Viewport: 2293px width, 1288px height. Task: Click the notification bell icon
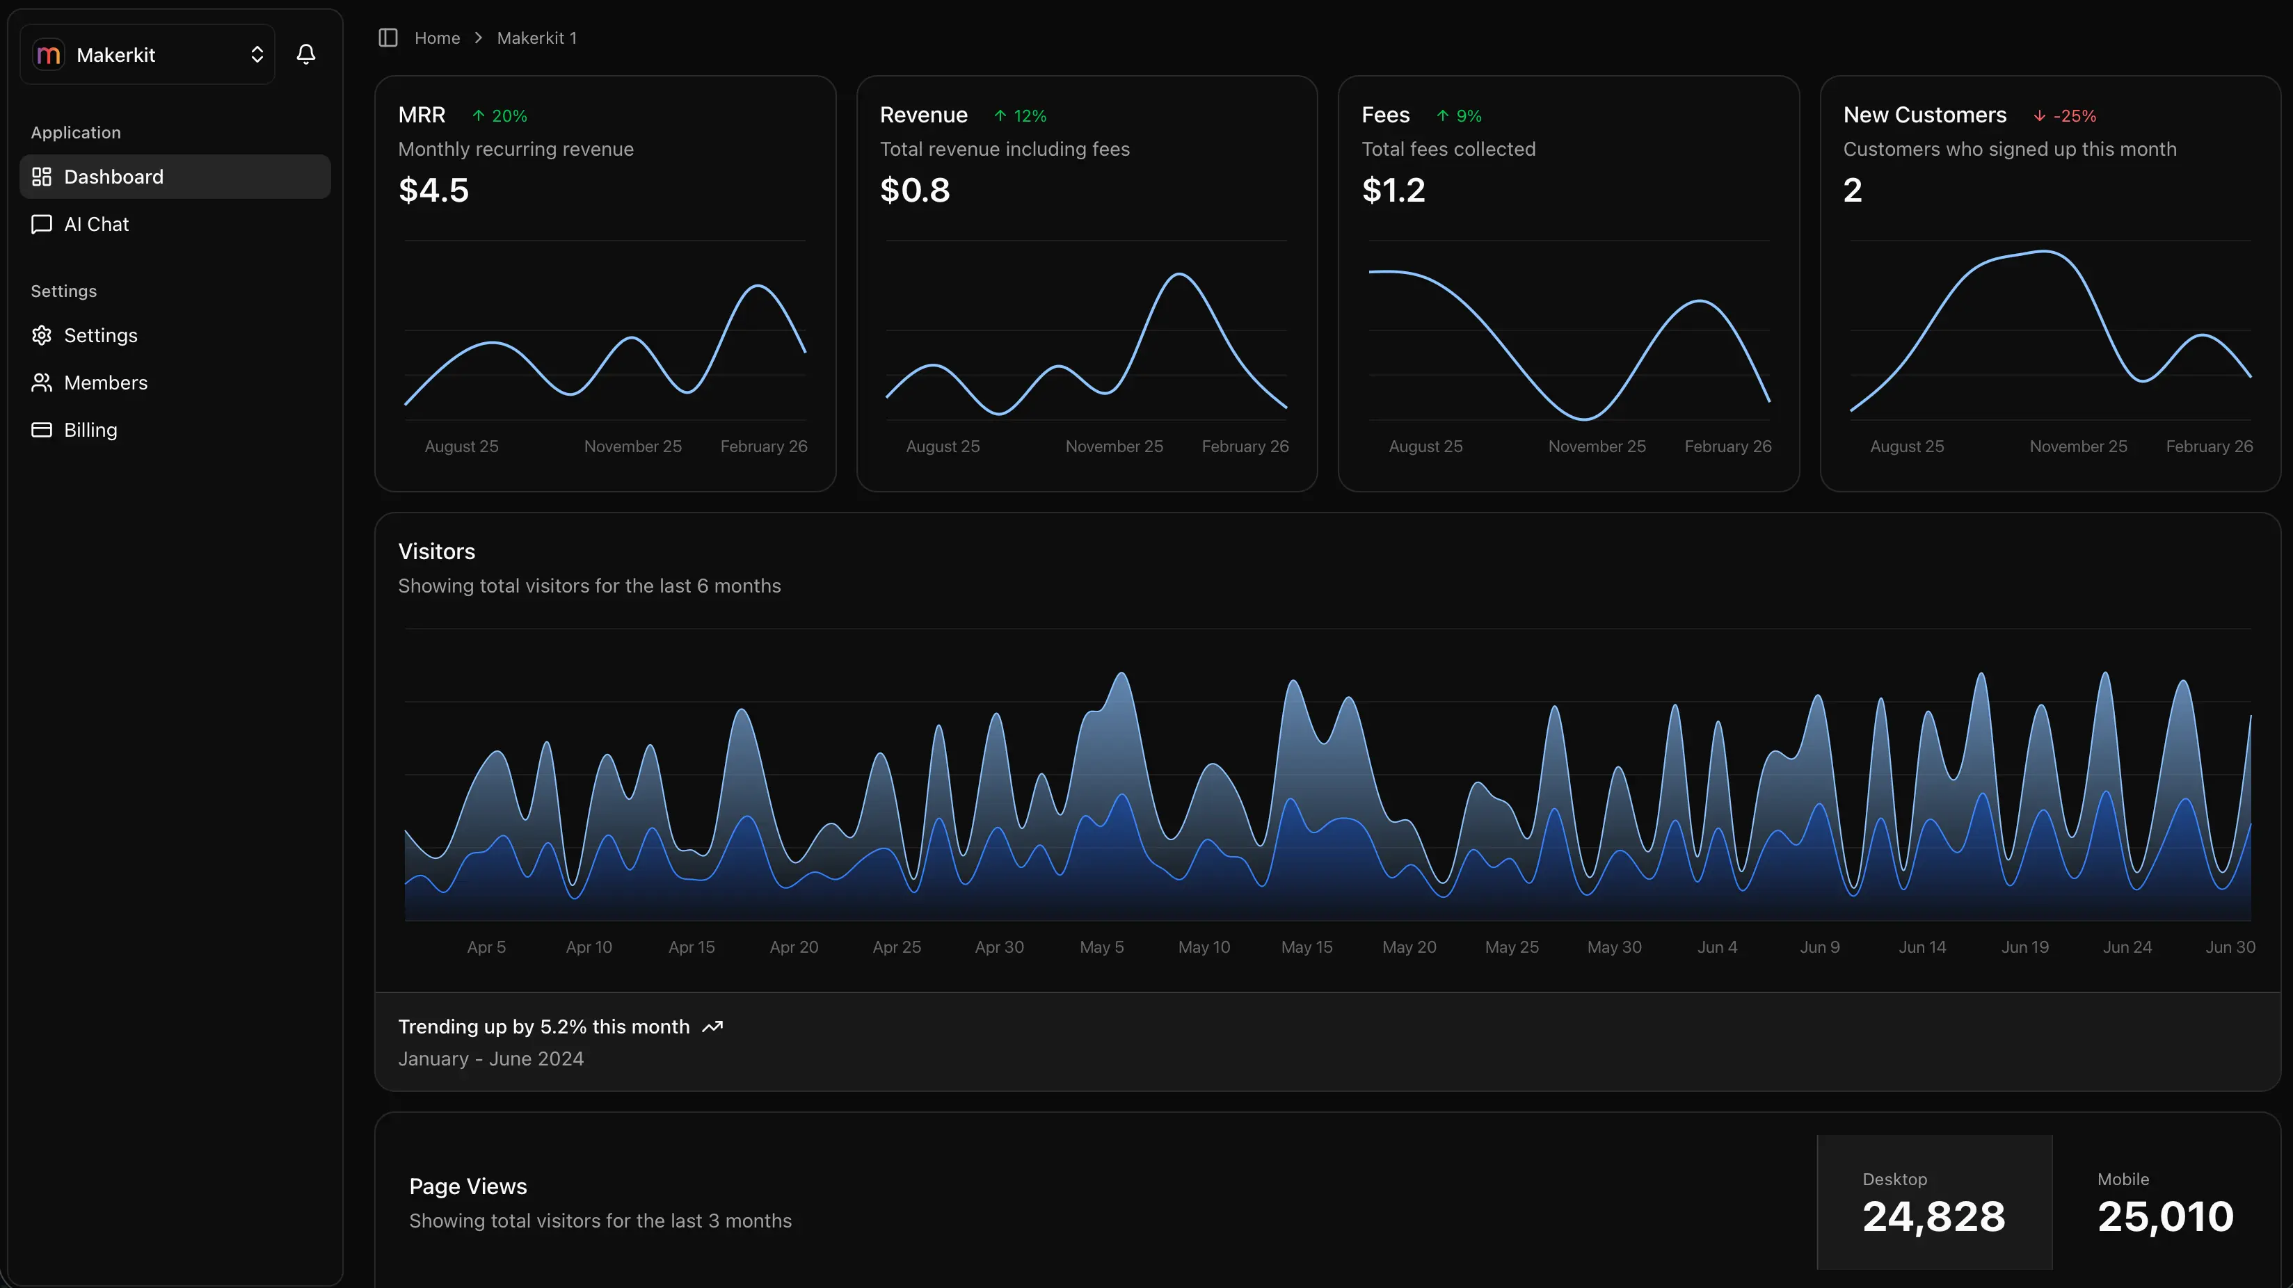(305, 54)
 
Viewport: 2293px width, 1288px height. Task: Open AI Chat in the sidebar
(95, 225)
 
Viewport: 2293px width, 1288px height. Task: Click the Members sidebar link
(105, 383)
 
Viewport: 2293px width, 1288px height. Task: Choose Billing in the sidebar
(90, 430)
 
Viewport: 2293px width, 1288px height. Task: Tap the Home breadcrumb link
(436, 38)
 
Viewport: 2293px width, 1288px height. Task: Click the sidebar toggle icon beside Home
(388, 38)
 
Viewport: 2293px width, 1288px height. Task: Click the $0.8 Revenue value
(914, 191)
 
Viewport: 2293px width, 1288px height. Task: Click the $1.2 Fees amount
(1393, 191)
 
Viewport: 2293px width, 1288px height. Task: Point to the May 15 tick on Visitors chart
(1306, 947)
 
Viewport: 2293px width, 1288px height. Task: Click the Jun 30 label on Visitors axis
(2229, 947)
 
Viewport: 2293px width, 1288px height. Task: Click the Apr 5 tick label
(486, 947)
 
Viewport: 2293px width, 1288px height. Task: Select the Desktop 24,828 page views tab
(1933, 1202)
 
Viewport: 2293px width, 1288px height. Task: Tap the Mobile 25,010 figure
(2165, 1216)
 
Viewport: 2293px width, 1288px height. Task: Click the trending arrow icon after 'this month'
(712, 1027)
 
